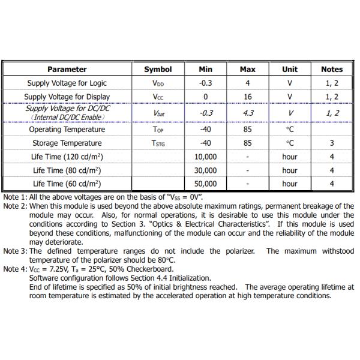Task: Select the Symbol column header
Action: coord(158,70)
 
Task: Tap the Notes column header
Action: coord(332,70)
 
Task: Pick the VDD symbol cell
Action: coord(158,83)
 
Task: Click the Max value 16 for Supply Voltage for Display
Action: coord(247,97)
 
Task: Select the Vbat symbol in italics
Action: coord(158,113)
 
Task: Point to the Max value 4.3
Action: coord(247,113)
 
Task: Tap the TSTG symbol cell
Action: coord(158,143)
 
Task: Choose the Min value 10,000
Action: coord(206,157)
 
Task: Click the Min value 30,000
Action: coord(206,170)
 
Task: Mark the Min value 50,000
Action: coord(206,184)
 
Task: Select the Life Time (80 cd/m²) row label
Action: coord(67,170)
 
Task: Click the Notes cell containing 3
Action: coord(332,143)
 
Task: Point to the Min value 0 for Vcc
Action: coord(206,97)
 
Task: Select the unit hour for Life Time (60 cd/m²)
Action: coord(290,184)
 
